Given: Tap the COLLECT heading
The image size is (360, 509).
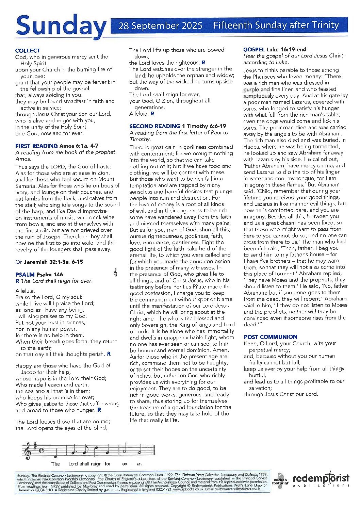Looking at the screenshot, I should click(x=28, y=50).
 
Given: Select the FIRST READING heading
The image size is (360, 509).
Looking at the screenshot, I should click(x=36, y=146).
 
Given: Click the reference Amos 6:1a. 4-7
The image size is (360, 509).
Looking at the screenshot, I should click(x=79, y=146).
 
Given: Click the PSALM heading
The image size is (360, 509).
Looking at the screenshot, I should click(x=25, y=274).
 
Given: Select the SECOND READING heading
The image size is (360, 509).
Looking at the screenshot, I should click(x=154, y=126).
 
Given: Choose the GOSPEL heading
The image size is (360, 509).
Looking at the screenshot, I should click(x=254, y=49).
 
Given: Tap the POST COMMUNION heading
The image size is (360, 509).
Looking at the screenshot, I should click(x=271, y=337).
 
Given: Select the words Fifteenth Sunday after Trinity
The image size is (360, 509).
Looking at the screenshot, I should click(x=276, y=25).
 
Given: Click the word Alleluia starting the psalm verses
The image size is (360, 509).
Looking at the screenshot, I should click(x=25, y=291).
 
